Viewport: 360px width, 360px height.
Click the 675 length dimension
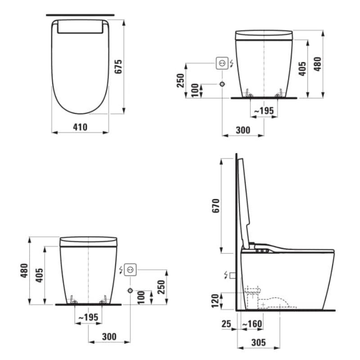pyautogui.click(x=118, y=67)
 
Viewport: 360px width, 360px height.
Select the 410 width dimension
pyautogui.click(x=80, y=127)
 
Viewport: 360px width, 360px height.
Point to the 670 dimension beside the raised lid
pyautogui.click(x=216, y=206)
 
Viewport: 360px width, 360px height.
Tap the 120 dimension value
pyautogui.click(x=216, y=301)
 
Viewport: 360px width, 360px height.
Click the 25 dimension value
pyautogui.click(x=226, y=324)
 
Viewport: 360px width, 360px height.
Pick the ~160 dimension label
pyautogui.click(x=252, y=324)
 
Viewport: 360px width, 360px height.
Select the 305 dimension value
pyautogui.click(x=258, y=342)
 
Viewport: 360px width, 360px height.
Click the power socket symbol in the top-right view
pyautogui.click(x=222, y=63)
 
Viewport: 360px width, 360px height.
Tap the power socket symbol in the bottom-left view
pyautogui.click(x=130, y=270)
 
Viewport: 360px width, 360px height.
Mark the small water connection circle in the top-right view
pyautogui.click(x=222, y=84)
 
